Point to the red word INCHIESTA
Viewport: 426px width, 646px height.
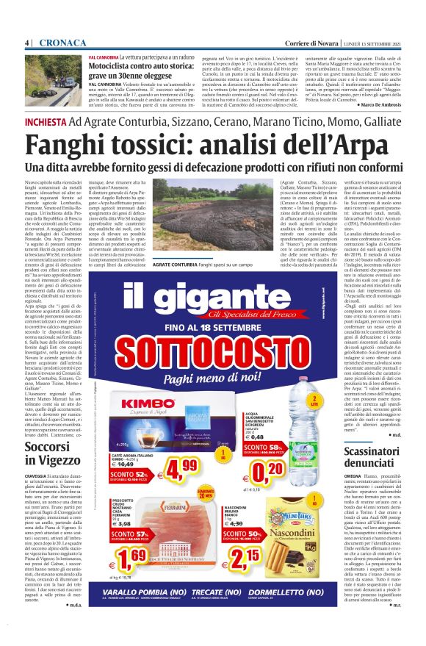[46, 121]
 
